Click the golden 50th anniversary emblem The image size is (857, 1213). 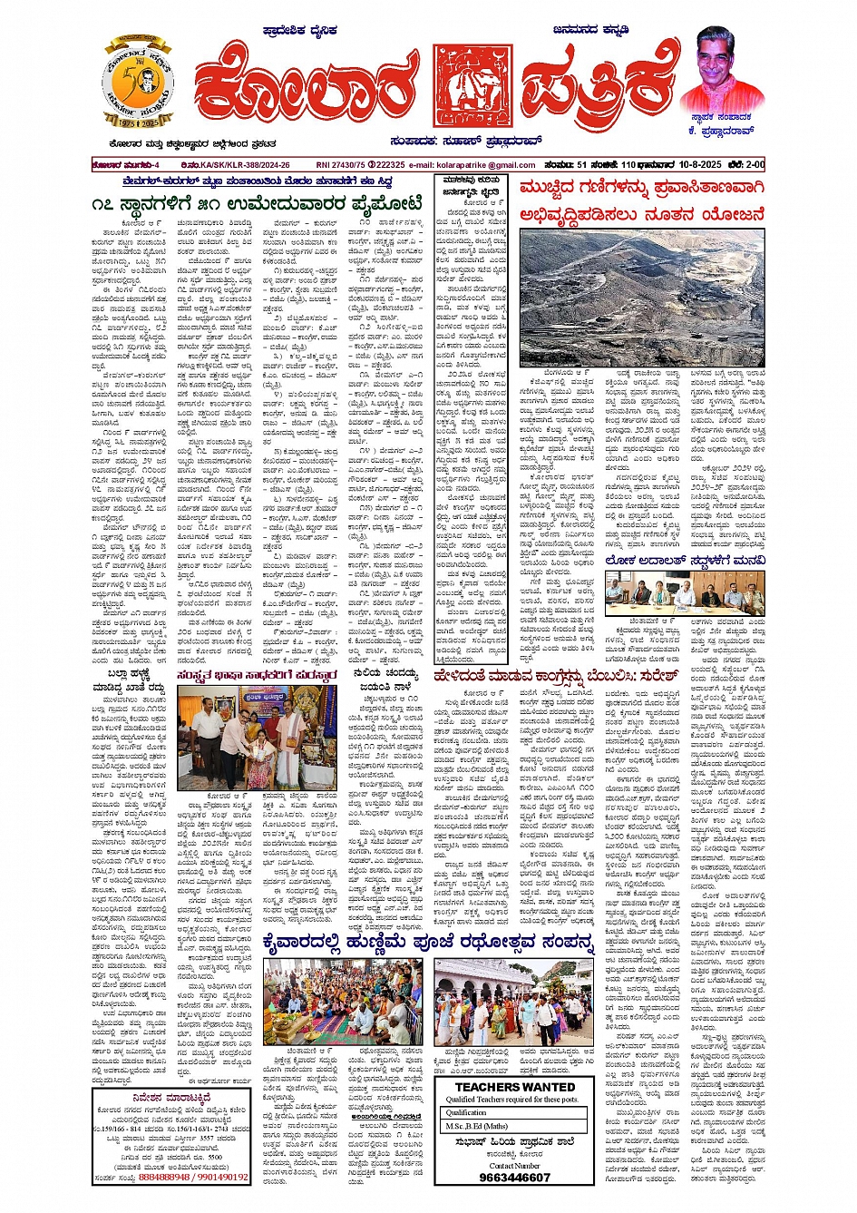pos(138,83)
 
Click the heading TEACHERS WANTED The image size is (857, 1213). pos(514,1087)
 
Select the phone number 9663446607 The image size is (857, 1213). pos(514,1178)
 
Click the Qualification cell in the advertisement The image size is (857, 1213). pos(467,1112)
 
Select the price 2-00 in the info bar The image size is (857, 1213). pos(754,165)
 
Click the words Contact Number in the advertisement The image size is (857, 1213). pos(514,1165)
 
